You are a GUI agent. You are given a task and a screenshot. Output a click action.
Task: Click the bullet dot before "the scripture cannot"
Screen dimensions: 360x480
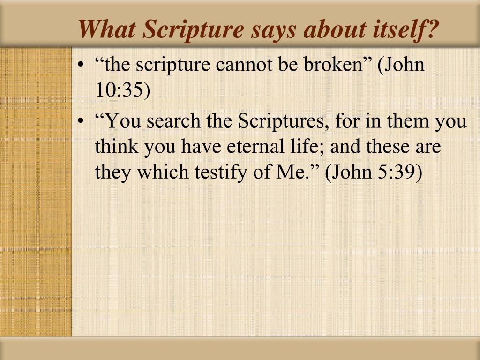click(x=81, y=66)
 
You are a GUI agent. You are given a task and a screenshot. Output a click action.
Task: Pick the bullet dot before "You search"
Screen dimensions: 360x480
click(x=81, y=122)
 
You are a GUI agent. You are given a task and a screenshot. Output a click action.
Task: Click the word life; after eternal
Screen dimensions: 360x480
click(x=293, y=147)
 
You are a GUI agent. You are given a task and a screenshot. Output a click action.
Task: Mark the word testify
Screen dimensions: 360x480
click(x=220, y=172)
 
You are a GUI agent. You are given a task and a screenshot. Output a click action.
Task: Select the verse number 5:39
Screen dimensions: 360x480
click(x=400, y=172)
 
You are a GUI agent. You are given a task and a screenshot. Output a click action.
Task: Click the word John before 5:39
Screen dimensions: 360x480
click(x=352, y=172)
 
